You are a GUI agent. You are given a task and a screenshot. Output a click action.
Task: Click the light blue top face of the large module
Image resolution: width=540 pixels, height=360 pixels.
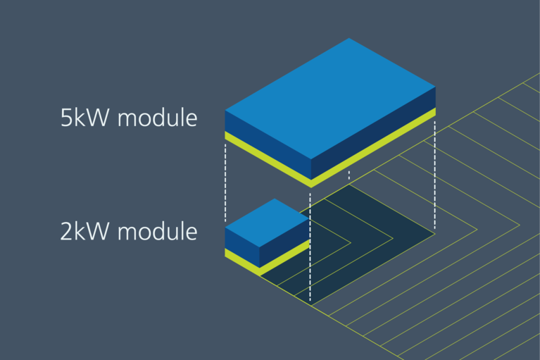(331, 99)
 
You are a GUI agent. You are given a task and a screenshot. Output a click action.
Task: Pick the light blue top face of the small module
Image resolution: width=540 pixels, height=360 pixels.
(268, 220)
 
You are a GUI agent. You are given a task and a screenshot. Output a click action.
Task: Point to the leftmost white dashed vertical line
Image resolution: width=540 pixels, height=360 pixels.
(225, 183)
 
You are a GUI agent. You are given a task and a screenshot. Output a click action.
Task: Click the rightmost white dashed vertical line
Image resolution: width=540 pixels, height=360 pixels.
(435, 176)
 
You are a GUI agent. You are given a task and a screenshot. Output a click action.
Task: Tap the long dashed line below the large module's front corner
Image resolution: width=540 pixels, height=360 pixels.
(310, 240)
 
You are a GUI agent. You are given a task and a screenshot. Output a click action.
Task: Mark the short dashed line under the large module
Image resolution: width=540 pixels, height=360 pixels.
(349, 174)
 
